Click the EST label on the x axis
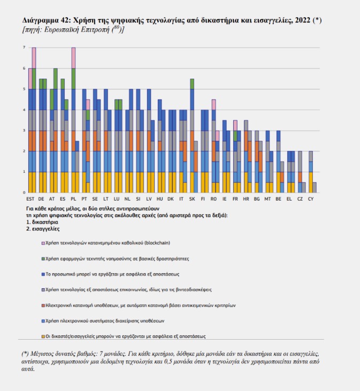(31, 198)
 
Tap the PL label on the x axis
(72, 198)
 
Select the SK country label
(191, 198)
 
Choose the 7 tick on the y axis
(24, 48)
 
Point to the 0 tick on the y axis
(24, 192)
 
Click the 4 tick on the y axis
(24, 110)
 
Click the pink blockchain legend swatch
(43, 242)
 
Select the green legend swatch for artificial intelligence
(43, 258)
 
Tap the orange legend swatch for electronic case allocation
(43, 305)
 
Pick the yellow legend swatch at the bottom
(43, 336)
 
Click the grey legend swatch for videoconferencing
(43, 289)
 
